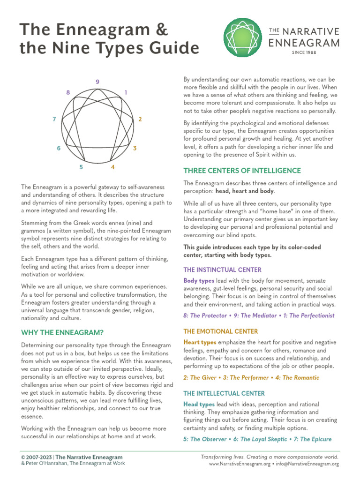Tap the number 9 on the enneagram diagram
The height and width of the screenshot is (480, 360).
coord(97,82)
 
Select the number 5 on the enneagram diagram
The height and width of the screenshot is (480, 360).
coord(81,167)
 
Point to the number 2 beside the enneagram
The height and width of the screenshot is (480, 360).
coord(140,119)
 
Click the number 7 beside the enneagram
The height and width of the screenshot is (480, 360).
coord(54,119)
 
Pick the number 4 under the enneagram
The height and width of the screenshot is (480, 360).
coord(112,167)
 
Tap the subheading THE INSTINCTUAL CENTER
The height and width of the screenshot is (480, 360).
coord(222,270)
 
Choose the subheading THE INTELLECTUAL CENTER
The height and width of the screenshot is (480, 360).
coord(224,393)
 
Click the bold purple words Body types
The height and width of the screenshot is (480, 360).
coord(199,280)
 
